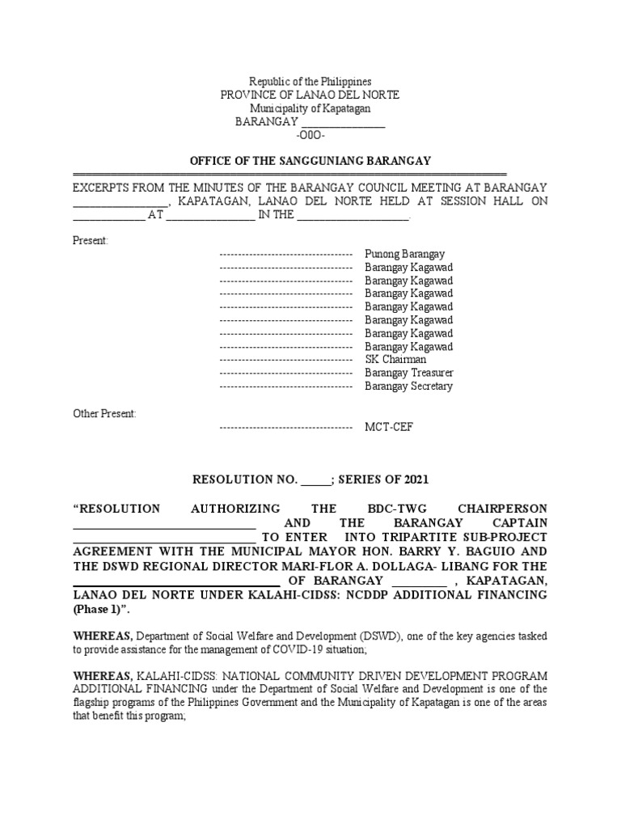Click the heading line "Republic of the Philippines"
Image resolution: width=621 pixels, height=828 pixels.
tap(310, 82)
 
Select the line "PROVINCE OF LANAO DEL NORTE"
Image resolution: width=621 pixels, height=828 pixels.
tap(310, 95)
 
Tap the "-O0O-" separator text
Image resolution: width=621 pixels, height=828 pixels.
tap(310, 135)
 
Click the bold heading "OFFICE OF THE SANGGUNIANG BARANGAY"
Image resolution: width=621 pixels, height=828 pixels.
tap(310, 161)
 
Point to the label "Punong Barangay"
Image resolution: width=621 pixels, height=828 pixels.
tap(404, 254)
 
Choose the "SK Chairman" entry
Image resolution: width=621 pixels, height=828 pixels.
tap(395, 359)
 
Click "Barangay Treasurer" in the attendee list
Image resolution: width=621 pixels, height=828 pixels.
tap(408, 373)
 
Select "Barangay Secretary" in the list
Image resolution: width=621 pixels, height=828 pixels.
tap(408, 386)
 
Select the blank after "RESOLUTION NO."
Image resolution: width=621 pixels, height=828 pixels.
tap(316, 480)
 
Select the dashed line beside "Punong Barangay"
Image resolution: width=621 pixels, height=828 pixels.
tap(285, 254)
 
